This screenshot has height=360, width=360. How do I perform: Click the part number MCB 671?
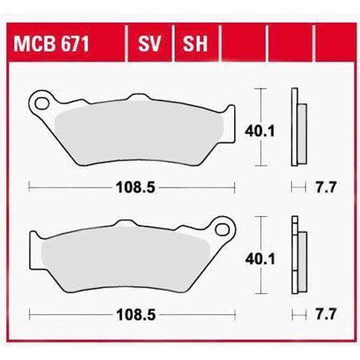coord(51,44)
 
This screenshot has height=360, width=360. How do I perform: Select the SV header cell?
coord(150,43)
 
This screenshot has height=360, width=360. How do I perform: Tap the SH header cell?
coord(196,43)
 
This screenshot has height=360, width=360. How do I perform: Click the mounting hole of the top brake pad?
coord(42,103)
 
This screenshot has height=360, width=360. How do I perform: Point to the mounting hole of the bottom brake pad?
coord(222,229)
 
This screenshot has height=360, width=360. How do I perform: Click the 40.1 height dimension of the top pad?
coord(259,131)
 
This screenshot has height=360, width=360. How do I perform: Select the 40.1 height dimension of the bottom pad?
coord(260,259)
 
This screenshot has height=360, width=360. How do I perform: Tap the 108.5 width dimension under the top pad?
coord(136,187)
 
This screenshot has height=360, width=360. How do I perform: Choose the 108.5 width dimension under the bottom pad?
coord(136,314)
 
